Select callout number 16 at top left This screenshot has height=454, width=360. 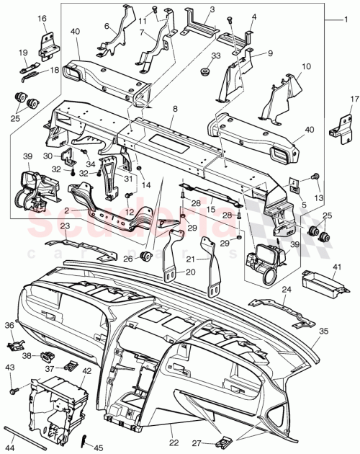[x=42, y=18]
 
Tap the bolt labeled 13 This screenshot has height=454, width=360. [x=315, y=177]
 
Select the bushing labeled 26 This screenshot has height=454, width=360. [x=145, y=256]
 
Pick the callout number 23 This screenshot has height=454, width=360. [x=63, y=226]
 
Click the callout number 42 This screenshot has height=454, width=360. [x=86, y=371]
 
